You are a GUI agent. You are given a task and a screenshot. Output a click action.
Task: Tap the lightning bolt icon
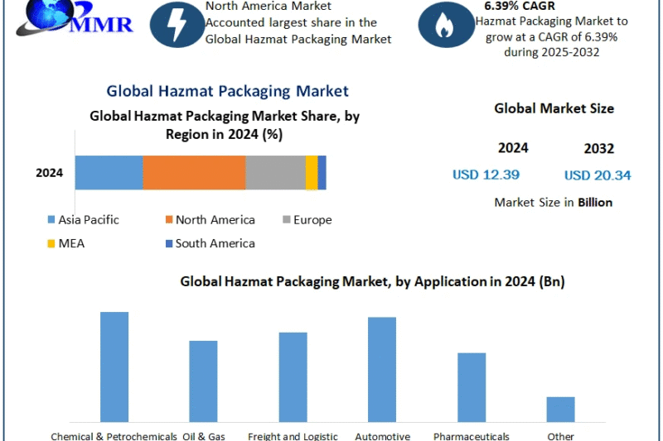tap(177, 25)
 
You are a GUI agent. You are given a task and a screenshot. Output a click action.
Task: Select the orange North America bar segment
tap(194, 173)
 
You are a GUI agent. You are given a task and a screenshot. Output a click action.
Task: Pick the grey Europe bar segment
tap(275, 173)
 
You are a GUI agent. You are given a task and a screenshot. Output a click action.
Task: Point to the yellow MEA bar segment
tap(312, 173)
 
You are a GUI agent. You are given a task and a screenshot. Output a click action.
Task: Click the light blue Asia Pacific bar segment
tap(109, 173)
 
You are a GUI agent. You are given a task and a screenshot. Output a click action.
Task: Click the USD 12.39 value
tap(486, 175)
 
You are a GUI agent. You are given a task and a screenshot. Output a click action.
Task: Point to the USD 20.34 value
tap(598, 175)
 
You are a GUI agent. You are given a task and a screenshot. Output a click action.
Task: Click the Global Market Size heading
tap(554, 108)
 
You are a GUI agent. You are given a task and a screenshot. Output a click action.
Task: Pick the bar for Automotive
tap(382, 369)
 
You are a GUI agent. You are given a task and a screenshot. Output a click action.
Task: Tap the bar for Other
tap(560, 409)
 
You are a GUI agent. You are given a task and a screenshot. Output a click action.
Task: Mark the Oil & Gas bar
tap(203, 381)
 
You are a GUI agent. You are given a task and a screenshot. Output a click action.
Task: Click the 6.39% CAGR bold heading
tap(520, 6)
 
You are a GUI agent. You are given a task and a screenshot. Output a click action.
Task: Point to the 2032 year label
tap(598, 149)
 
